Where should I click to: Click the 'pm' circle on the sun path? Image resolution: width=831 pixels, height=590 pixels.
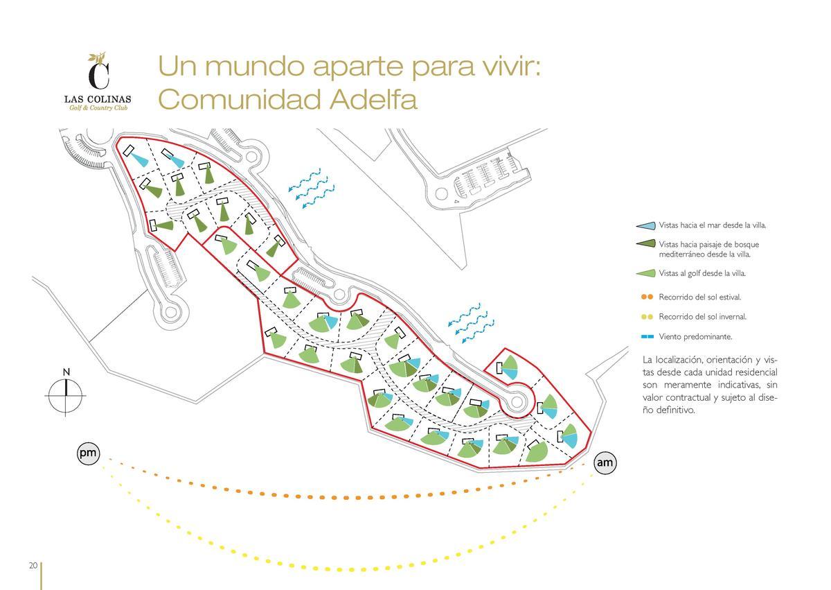click(89, 453)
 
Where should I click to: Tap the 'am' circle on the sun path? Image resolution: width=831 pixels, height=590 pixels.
click(605, 462)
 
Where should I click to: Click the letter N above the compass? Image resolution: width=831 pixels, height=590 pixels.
click(66, 372)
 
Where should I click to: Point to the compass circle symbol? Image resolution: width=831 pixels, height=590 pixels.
click(65, 396)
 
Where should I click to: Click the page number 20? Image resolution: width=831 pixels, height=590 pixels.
click(33, 566)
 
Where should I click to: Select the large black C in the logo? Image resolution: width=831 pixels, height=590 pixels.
click(98, 76)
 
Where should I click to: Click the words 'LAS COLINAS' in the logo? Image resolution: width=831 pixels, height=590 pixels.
click(98, 99)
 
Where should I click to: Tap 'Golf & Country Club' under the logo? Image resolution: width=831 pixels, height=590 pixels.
click(98, 108)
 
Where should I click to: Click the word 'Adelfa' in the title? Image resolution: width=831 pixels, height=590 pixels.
click(373, 99)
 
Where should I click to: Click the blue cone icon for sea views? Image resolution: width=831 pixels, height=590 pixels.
click(645, 225)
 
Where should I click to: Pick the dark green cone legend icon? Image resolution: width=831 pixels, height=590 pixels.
click(645, 243)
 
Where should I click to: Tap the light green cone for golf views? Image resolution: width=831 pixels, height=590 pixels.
click(645, 273)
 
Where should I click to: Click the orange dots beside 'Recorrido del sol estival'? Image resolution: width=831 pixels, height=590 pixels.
click(647, 297)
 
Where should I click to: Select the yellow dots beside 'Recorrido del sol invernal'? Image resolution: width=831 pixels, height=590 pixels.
click(647, 317)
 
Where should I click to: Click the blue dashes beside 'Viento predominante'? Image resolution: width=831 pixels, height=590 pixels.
click(647, 336)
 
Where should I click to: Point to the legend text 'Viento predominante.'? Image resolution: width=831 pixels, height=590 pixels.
click(695, 337)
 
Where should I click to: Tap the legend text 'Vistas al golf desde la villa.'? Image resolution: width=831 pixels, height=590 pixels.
click(702, 274)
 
